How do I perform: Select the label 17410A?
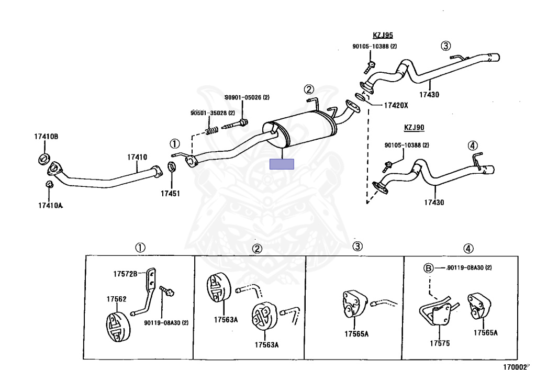click(50, 205)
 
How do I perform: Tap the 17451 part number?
click(170, 193)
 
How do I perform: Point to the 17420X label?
click(395, 105)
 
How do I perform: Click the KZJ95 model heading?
click(383, 36)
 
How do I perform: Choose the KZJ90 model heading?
click(414, 127)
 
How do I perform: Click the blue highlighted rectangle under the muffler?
click(282, 164)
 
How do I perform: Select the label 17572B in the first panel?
click(126, 274)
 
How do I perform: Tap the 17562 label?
click(117, 299)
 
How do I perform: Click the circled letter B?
click(428, 268)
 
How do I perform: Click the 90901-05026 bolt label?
click(247, 97)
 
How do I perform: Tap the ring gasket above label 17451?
click(171, 167)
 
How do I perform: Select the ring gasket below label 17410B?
click(44, 158)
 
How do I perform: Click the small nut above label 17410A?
click(49, 184)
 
